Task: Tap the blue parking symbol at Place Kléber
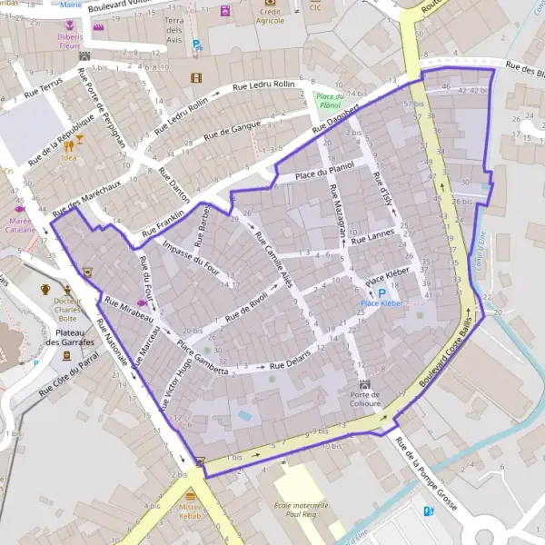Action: [x=381, y=292]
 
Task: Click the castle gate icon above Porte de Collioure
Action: [x=365, y=384]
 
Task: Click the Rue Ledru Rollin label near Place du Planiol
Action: [x=264, y=85]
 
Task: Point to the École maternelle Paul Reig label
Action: [x=301, y=510]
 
